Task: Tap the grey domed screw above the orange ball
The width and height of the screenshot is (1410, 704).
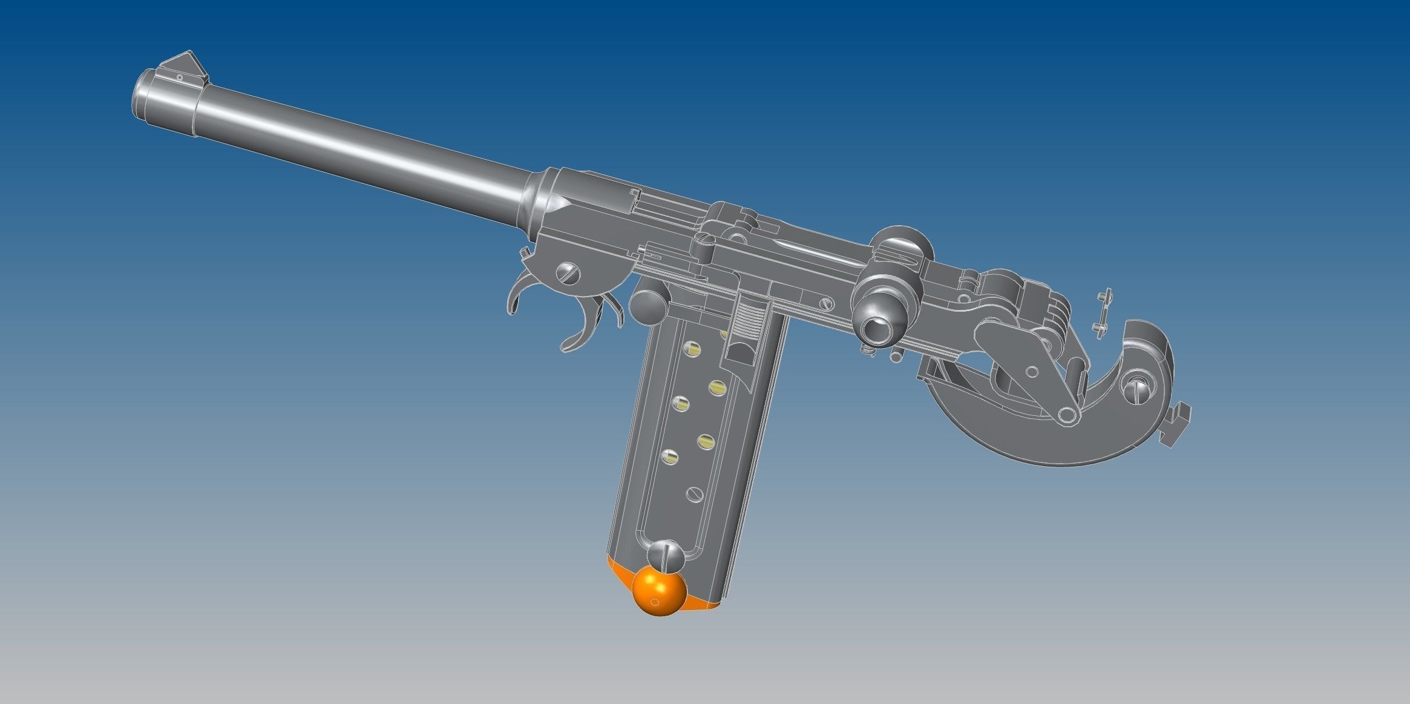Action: click(666, 554)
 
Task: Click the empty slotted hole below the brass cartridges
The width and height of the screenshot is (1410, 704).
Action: click(694, 493)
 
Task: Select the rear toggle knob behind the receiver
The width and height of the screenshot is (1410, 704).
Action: click(902, 245)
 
